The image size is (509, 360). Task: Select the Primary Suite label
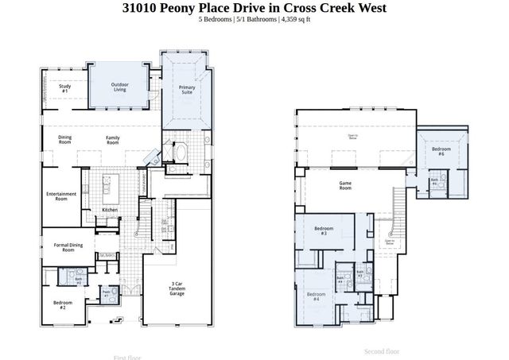tap(187, 89)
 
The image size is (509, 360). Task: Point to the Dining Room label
tap(65, 140)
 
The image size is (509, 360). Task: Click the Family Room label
tap(113, 140)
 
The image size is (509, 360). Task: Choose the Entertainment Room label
tap(61, 196)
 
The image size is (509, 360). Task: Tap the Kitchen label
tap(110, 210)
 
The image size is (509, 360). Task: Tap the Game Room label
tap(345, 186)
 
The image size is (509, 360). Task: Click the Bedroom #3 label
tap(324, 231)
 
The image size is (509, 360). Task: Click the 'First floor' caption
tap(129, 358)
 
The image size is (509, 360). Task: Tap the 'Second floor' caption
tap(382, 350)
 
